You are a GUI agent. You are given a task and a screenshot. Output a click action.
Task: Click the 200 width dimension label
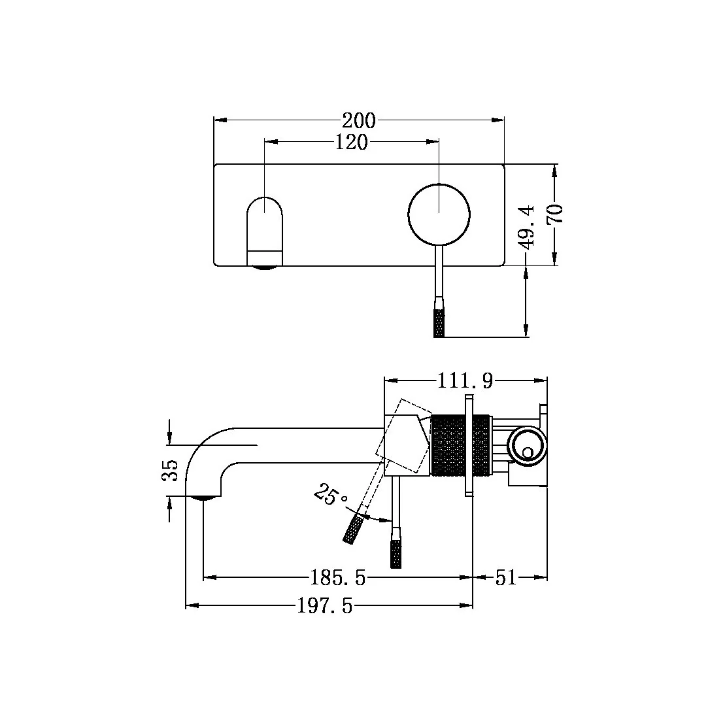click(x=359, y=120)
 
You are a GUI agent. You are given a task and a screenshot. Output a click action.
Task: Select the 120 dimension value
click(x=351, y=142)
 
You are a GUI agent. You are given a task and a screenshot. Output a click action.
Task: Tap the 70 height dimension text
click(x=556, y=214)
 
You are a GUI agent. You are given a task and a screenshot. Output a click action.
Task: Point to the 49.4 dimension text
click(x=527, y=226)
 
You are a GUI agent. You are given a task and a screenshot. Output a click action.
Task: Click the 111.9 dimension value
click(x=465, y=380)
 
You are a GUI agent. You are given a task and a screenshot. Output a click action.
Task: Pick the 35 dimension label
click(x=170, y=470)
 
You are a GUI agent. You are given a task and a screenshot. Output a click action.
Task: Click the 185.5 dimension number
click(x=337, y=577)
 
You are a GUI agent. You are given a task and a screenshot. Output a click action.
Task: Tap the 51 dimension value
click(x=505, y=577)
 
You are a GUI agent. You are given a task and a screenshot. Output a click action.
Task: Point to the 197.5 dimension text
click(x=324, y=607)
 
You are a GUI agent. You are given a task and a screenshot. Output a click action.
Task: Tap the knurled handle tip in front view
click(x=439, y=322)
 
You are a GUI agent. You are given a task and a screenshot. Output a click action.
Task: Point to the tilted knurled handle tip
click(x=352, y=528)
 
